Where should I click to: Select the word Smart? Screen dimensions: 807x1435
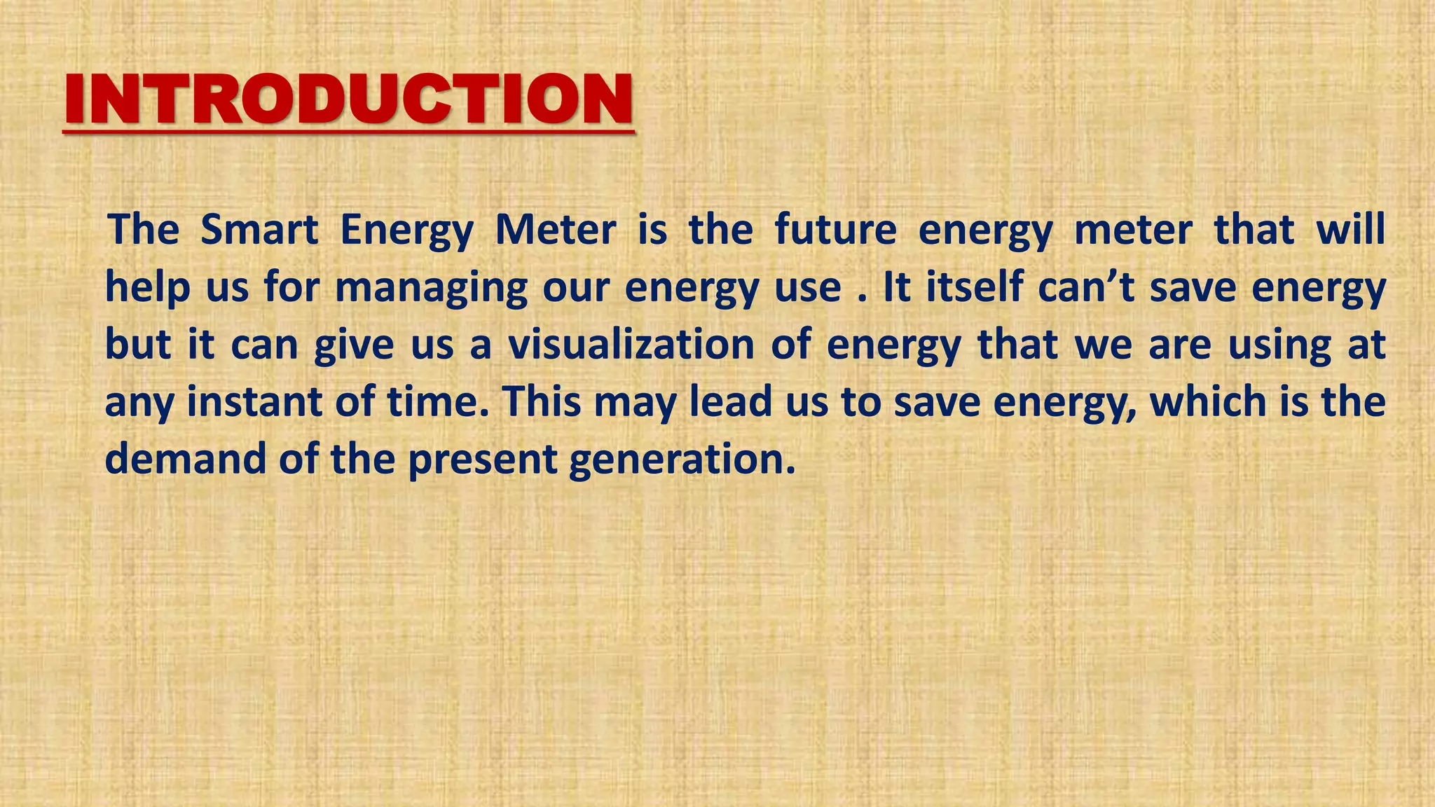(259, 230)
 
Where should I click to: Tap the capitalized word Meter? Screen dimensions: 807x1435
(556, 230)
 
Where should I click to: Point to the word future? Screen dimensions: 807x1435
(835, 230)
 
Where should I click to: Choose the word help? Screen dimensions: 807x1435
(148, 287)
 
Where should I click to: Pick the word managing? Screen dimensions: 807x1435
(431, 289)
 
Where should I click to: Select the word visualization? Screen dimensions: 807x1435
(630, 345)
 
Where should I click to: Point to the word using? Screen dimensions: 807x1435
(1279, 346)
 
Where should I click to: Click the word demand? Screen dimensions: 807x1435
(185, 460)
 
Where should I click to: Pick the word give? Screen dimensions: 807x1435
(354, 346)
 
